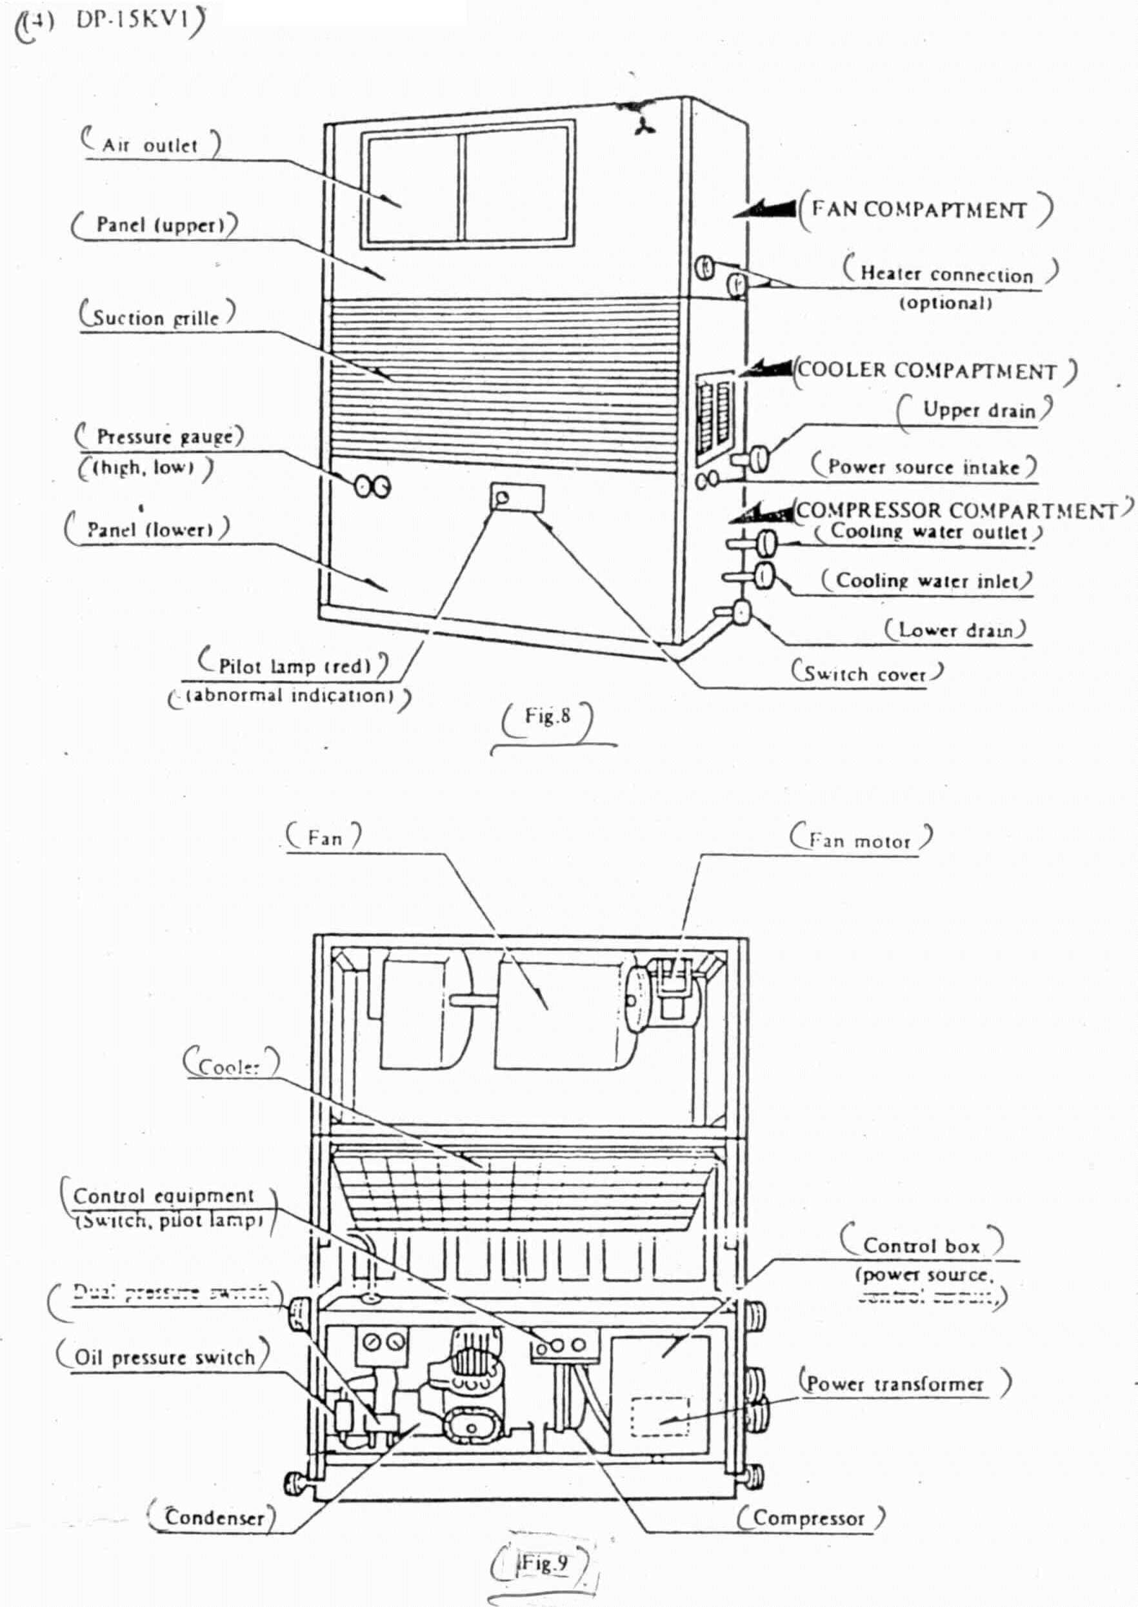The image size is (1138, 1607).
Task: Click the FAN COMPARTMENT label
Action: click(919, 210)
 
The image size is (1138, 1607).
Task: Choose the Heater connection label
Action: click(946, 274)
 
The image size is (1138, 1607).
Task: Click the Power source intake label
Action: click(924, 467)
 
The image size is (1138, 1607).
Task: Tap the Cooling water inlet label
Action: click(926, 580)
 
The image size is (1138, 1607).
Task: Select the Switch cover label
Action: click(866, 674)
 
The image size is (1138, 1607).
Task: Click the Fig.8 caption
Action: click(547, 716)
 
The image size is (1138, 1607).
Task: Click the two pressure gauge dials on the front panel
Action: click(372, 486)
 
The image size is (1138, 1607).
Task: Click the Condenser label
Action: click(214, 1517)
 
